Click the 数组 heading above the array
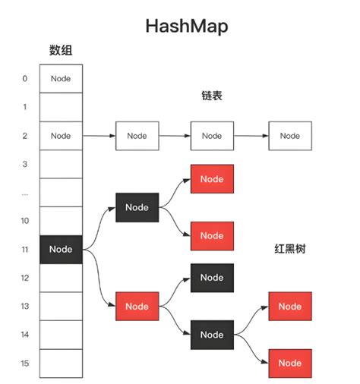pyautogui.click(x=61, y=52)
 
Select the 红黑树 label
pyautogui.click(x=289, y=248)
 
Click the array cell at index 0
pyautogui.click(x=61, y=78)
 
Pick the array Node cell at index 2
pyautogui.click(x=61, y=136)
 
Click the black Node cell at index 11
pyautogui.click(x=61, y=249)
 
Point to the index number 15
pyautogui.click(x=25, y=364)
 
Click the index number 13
pyautogui.click(x=25, y=306)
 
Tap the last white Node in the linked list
pyautogui.click(x=289, y=136)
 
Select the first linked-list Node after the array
pyautogui.click(x=137, y=136)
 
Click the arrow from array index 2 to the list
pyautogui.click(x=98, y=136)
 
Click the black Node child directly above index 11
pyautogui.click(x=137, y=207)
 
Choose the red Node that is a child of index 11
pyautogui.click(x=137, y=306)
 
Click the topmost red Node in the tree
pyautogui.click(x=212, y=179)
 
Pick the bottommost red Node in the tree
pyautogui.click(x=289, y=363)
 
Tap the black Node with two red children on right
pyautogui.click(x=212, y=335)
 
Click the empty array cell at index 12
pyautogui.click(x=61, y=278)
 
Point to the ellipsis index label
pyautogui.click(x=25, y=193)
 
